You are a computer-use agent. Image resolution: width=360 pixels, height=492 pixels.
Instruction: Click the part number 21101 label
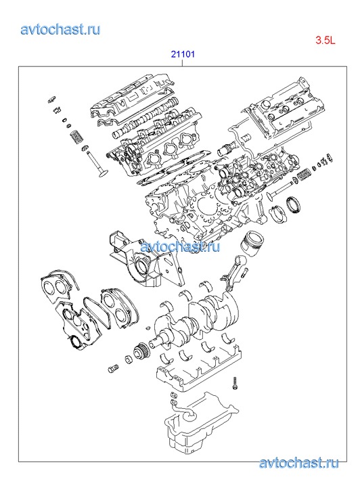tap(183, 54)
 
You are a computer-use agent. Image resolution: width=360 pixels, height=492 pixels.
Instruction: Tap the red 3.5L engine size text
tap(325, 40)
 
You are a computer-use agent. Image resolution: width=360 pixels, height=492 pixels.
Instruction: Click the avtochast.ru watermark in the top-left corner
tap(60, 30)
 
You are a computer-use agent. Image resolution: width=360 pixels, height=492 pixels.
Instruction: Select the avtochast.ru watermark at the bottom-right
tap(298, 463)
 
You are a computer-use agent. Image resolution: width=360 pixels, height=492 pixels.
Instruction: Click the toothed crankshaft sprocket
tap(141, 351)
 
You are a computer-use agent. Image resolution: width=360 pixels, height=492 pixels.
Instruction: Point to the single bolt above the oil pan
tap(234, 384)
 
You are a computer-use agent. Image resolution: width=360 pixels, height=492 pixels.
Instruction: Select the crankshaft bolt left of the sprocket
tap(114, 369)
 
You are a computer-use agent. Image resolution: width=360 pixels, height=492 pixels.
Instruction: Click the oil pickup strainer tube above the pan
tap(183, 409)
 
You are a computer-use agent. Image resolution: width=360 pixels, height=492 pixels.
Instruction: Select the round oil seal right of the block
tap(294, 205)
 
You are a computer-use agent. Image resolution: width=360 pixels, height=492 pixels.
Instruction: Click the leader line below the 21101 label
tap(183, 63)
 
